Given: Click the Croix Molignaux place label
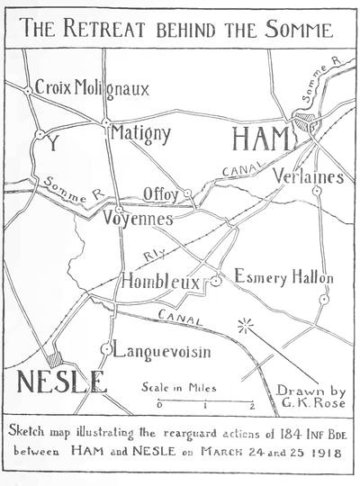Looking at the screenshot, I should [92, 88].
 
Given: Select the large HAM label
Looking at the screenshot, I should [262, 140].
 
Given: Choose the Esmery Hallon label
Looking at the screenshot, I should [283, 278].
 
